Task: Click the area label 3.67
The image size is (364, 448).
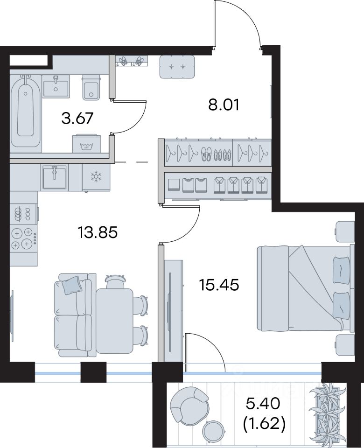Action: tap(77, 118)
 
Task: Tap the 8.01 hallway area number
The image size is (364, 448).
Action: tap(224, 105)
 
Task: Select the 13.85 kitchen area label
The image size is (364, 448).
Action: tap(98, 232)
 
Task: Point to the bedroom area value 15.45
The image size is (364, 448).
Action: tap(219, 285)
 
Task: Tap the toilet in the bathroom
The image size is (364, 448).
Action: tap(92, 88)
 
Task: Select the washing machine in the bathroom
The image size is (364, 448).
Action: tap(87, 143)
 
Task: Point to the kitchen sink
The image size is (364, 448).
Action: tap(54, 177)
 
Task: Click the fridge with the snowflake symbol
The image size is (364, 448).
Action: tap(96, 177)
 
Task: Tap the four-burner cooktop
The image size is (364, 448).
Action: tap(23, 238)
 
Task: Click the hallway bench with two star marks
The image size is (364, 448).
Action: tap(177, 67)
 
